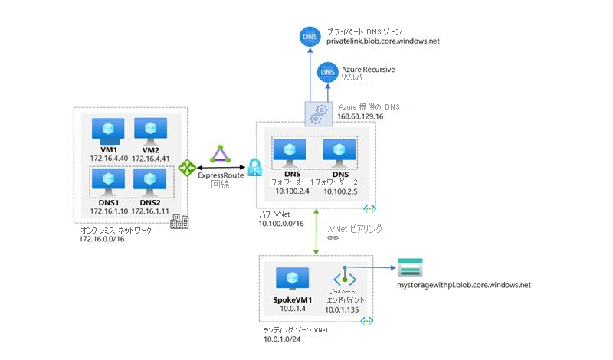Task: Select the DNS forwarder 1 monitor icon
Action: click(290, 151)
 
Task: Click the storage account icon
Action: click(408, 268)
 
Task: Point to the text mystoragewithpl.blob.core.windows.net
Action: click(463, 285)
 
